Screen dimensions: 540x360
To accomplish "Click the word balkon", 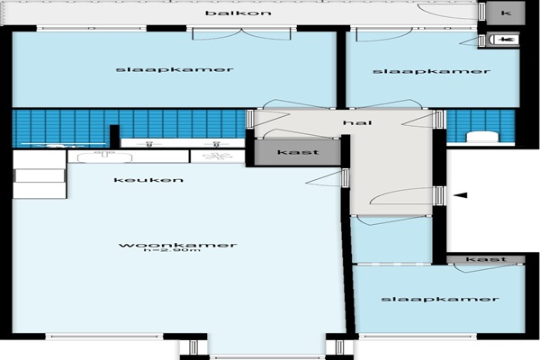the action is point(238,13).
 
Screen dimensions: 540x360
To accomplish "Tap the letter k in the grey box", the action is point(506,13).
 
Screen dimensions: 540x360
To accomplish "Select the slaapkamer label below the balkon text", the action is point(175,69).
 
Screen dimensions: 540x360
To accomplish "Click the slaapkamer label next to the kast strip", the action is point(440,299).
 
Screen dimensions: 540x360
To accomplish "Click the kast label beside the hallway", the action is point(298,152).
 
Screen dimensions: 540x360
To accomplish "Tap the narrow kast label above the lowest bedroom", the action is point(486,258).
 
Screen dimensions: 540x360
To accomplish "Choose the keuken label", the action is point(148,180).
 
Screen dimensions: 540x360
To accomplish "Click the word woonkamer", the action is point(177,245).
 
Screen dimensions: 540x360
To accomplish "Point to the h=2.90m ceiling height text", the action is point(172,250).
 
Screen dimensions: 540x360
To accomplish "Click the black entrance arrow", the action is point(460,195).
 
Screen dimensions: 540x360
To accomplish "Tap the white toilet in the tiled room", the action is point(482,137).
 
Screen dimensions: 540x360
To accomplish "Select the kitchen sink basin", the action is point(104,157).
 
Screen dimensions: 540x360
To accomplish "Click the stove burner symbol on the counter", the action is point(217,156).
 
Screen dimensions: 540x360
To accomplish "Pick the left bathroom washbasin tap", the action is point(149,144).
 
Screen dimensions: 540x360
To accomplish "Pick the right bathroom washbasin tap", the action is point(216,144).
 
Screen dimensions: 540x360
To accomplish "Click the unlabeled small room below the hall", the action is point(391,239).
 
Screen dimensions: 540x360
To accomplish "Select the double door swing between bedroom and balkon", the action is point(241,35).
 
